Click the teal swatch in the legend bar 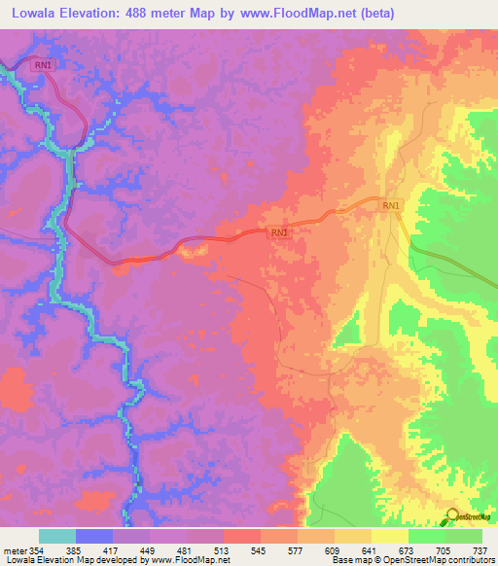click(x=57, y=536)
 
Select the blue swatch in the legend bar click(x=94, y=536)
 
